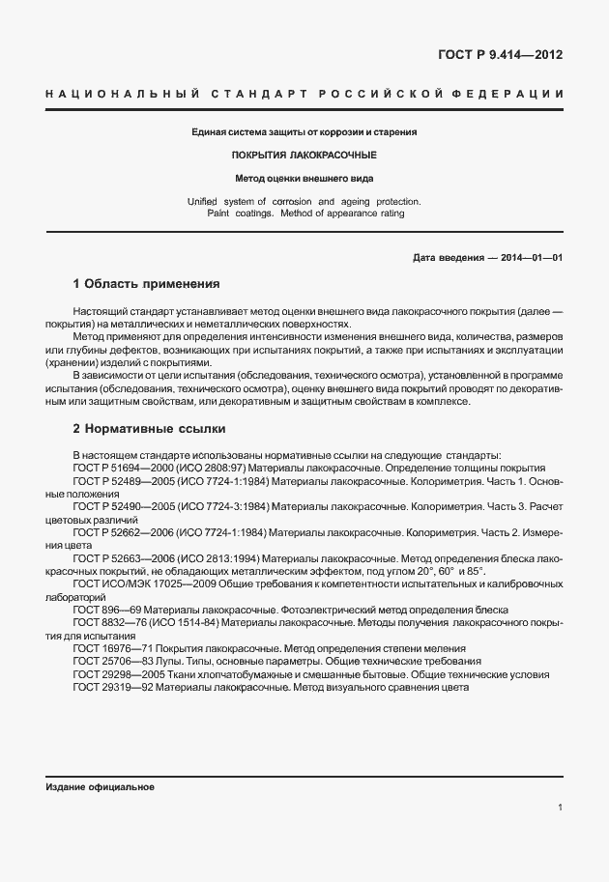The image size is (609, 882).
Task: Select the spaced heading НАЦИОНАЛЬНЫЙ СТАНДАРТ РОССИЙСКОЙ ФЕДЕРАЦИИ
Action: tap(304, 94)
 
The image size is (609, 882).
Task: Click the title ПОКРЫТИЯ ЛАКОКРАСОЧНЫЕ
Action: tap(304, 155)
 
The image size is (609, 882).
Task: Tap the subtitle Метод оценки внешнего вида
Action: tap(304, 178)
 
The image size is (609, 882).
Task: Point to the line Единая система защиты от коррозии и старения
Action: tap(304, 131)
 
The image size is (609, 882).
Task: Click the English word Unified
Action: tap(204, 201)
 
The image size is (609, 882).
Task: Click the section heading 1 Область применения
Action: tap(147, 285)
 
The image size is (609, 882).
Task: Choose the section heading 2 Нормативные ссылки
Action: tap(150, 428)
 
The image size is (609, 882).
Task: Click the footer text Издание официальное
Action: tap(100, 787)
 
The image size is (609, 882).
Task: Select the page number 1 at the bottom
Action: tap(560, 808)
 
